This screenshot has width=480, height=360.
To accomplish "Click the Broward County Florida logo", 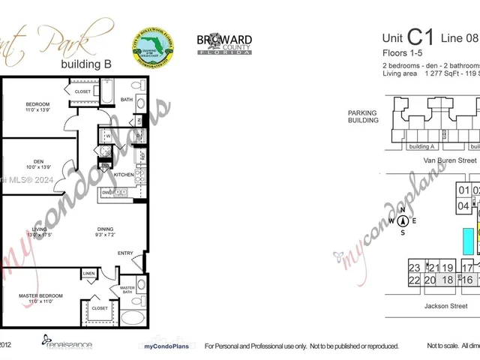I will coord(224,43).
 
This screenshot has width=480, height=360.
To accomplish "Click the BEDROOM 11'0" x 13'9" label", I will coord(38,107).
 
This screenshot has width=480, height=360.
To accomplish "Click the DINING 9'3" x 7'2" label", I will coord(105,232).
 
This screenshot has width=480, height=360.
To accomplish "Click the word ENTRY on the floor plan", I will coord(125,253).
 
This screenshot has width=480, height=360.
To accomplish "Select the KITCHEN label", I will coord(124,174).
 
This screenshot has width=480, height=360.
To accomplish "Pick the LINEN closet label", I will coord(88,274).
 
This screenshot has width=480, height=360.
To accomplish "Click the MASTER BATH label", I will coord(127,289).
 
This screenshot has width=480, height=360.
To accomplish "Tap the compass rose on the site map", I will coord(403,220).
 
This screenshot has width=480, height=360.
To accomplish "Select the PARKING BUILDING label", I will coord(362,117).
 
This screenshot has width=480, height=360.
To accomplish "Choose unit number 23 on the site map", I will coord(414,268).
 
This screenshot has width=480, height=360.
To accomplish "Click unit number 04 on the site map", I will coord(463,205).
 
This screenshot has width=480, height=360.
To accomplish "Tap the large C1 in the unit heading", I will coord(420,37).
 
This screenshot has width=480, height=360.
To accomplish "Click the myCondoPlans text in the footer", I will coord(164,346).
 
